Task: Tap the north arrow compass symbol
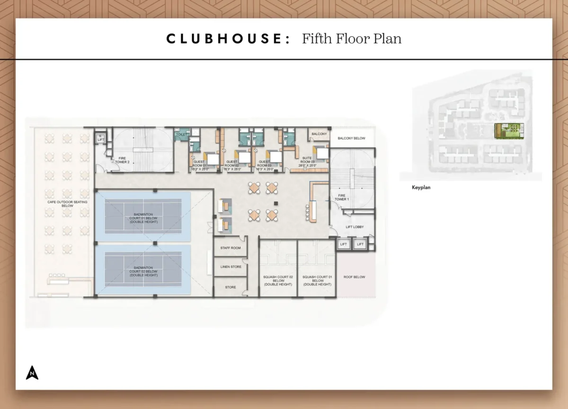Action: coord(32,373)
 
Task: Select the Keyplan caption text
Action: coord(421,187)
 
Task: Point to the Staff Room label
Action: coord(231,248)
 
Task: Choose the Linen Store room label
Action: coord(231,267)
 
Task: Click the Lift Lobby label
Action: coord(354,227)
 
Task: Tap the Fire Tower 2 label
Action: coord(122,160)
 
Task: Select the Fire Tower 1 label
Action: coord(341,197)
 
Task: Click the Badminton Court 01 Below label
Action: coord(143,218)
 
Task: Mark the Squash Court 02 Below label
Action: coord(278,280)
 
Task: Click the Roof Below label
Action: coord(355,277)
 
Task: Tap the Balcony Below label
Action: coord(351,139)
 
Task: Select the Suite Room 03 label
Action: coord(306,164)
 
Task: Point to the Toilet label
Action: coord(182,135)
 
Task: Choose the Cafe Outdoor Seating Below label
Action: coord(60,204)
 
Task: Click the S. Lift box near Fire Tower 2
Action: coord(100,138)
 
